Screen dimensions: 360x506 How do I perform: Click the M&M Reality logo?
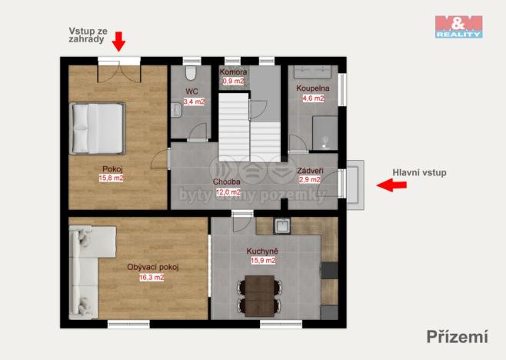(x=458, y=26)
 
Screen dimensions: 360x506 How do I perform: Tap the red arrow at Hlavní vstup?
(x=392, y=185)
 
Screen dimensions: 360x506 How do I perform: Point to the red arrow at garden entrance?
(x=118, y=40)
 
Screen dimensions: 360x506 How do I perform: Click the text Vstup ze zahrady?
(x=85, y=35)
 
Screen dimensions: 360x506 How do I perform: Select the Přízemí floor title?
(x=458, y=335)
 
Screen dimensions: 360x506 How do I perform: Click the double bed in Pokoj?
(x=96, y=128)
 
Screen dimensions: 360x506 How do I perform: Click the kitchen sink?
(x=282, y=226)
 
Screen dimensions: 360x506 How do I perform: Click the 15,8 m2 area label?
(x=111, y=178)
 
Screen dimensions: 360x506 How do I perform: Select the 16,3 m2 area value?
(x=151, y=278)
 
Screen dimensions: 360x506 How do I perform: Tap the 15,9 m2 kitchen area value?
(x=261, y=260)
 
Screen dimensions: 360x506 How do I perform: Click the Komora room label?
(x=233, y=72)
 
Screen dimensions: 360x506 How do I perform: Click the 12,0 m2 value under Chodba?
(x=227, y=192)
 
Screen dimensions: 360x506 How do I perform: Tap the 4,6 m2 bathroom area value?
(x=312, y=98)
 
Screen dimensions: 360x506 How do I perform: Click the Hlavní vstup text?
(x=419, y=172)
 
